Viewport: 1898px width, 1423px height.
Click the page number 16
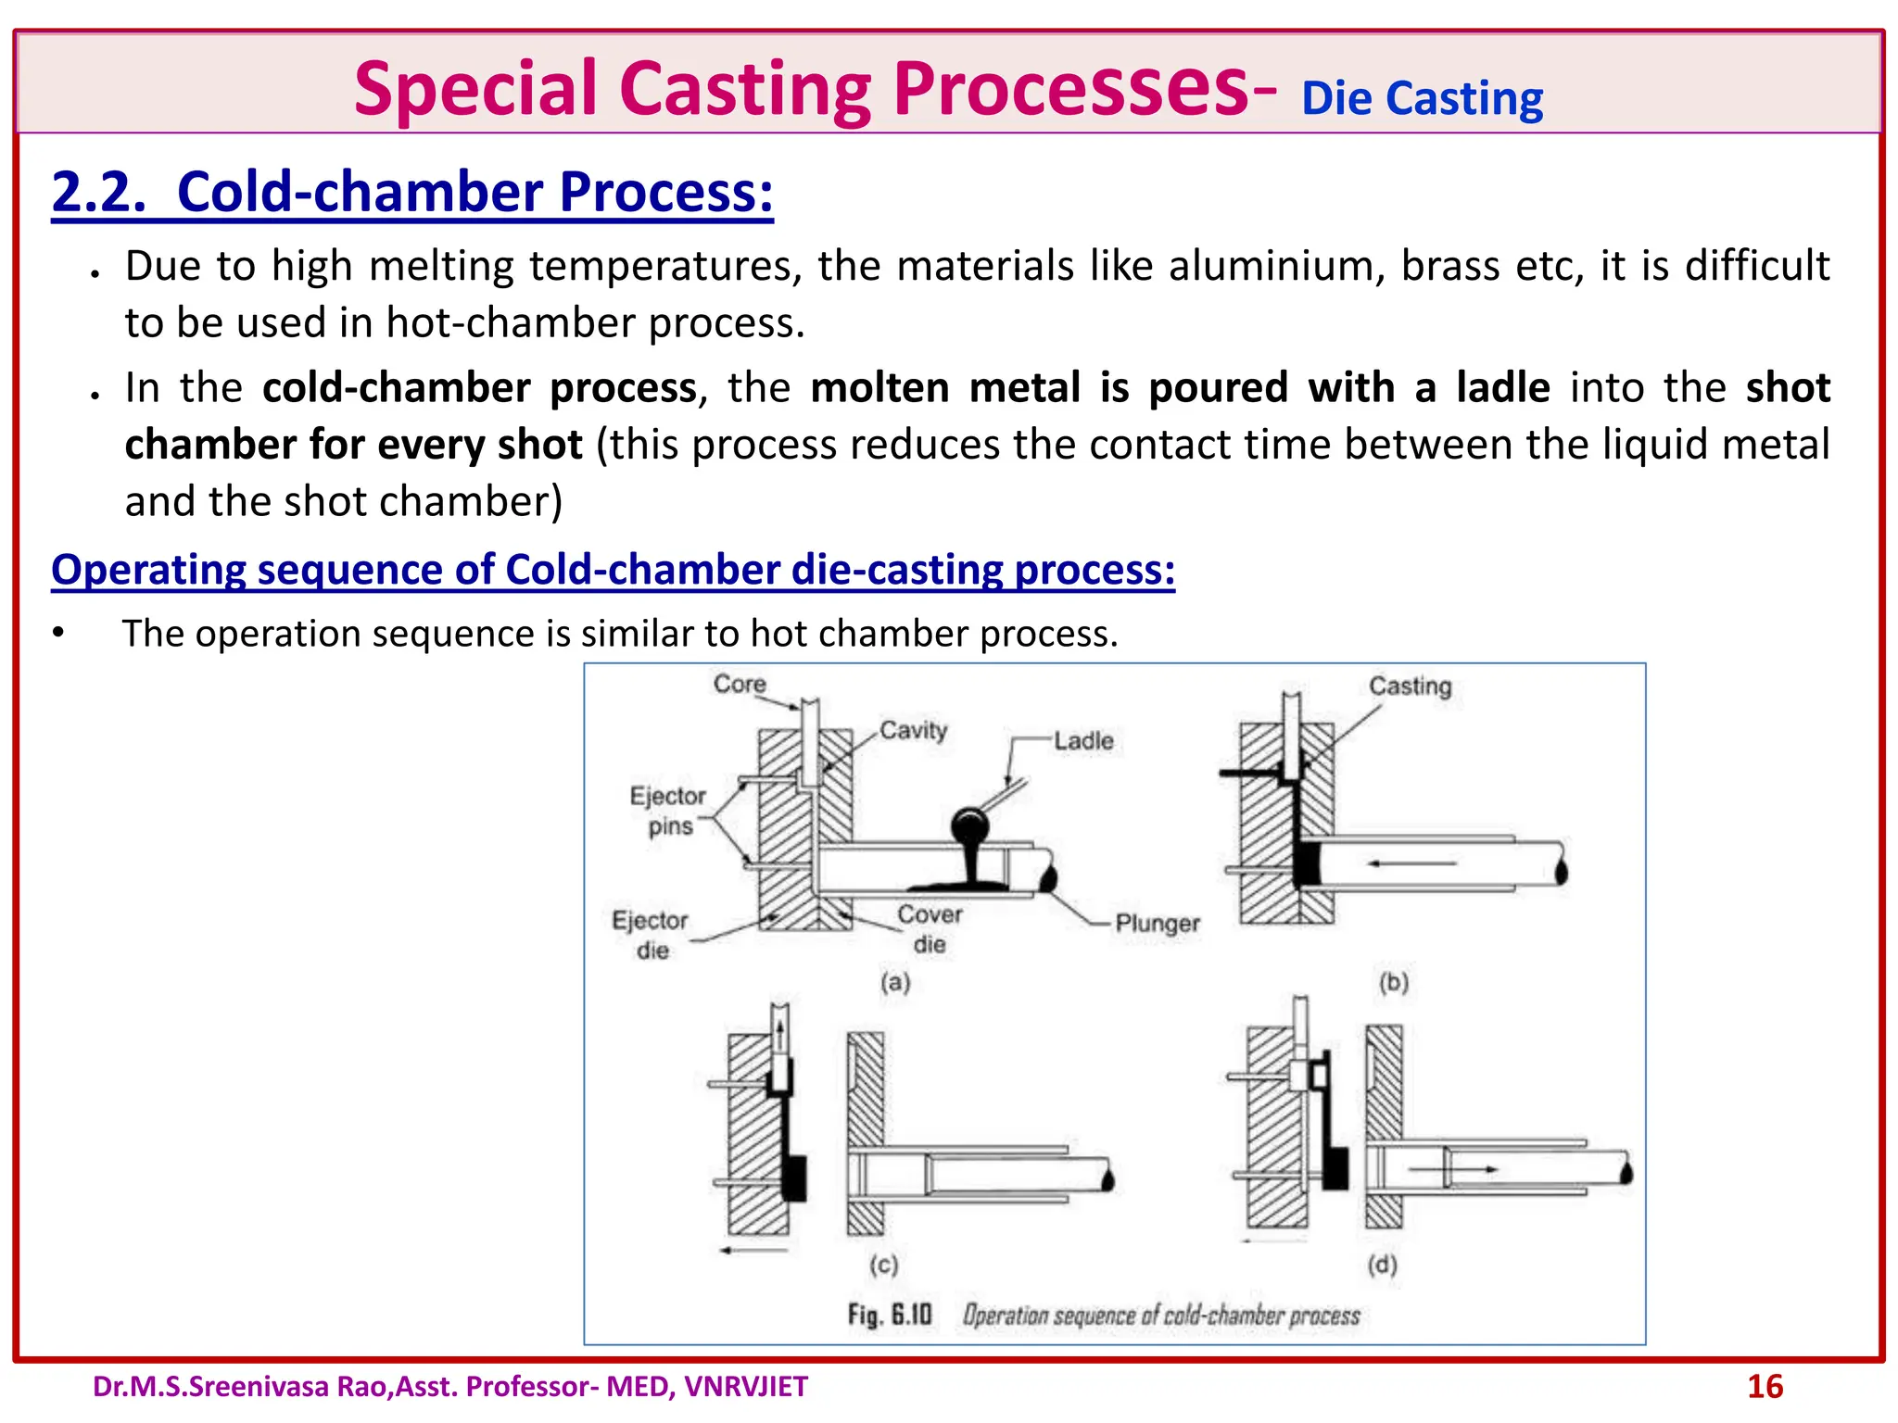(x=1765, y=1387)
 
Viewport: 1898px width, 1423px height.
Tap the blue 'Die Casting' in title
(x=1422, y=98)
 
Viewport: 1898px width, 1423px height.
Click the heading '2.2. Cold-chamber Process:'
(x=412, y=192)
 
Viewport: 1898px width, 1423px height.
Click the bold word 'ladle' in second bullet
(x=1502, y=387)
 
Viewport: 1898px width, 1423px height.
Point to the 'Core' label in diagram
(x=740, y=684)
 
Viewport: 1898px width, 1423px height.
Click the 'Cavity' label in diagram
(x=913, y=730)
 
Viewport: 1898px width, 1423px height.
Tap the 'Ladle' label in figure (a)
(x=1083, y=740)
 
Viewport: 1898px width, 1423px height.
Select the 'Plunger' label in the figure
(x=1157, y=923)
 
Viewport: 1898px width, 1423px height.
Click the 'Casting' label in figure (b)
(x=1410, y=686)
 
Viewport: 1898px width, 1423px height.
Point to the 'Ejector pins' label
(x=668, y=811)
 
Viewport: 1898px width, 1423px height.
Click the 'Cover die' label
(x=930, y=929)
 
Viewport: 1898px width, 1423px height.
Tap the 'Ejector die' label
(x=651, y=935)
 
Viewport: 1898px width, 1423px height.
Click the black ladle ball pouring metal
(x=969, y=824)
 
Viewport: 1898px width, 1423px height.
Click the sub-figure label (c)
(x=883, y=1265)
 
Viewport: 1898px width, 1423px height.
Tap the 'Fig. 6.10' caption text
(x=889, y=1315)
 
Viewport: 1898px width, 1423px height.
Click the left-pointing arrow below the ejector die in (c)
(x=753, y=1250)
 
